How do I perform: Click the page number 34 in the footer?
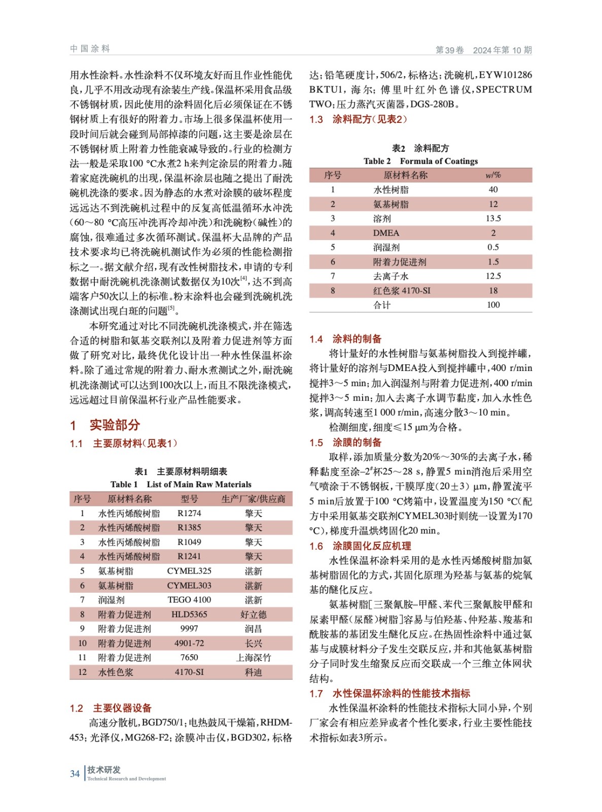coord(75,773)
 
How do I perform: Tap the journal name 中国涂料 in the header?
coord(90,49)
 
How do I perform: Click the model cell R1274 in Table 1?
coord(189,513)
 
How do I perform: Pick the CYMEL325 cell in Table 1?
coord(189,571)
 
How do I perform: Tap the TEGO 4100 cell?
coord(189,600)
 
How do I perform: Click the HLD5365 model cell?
coord(189,614)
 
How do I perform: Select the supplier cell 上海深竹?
coord(253,658)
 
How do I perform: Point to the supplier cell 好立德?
coord(253,614)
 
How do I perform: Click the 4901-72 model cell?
coord(189,643)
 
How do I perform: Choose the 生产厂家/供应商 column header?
coord(253,499)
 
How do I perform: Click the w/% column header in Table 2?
coord(493,175)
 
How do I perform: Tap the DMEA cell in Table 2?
coord(386,233)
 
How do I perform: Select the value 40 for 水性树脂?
coord(493,189)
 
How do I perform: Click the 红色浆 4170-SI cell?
coord(402,291)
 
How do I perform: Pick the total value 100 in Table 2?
coord(493,305)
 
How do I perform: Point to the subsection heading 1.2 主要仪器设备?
coord(111,708)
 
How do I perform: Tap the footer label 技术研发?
coord(104,770)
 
